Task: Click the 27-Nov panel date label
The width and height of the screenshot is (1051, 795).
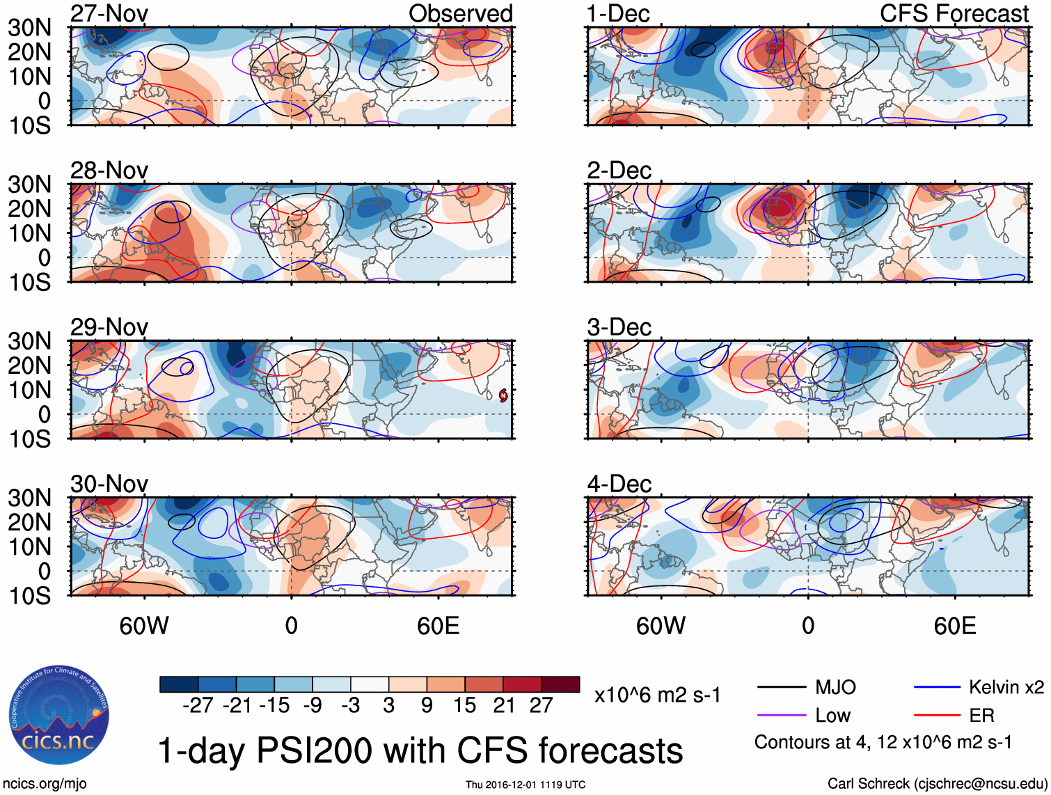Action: (109, 14)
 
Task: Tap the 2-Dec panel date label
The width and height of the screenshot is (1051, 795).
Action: (619, 171)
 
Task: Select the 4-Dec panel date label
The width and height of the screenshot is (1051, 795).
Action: (619, 484)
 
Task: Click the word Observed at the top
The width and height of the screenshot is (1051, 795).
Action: (460, 14)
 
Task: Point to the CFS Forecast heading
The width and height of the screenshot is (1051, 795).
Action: (954, 14)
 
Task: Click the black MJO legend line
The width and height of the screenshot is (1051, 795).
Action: (782, 688)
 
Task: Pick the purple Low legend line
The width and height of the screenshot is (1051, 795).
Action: (782, 716)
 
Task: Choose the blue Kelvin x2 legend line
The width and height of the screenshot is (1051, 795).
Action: (937, 688)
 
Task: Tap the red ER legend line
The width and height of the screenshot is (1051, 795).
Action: (937, 716)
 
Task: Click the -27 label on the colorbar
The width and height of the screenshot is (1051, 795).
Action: (198, 706)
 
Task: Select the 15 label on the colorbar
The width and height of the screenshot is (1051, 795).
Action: (464, 706)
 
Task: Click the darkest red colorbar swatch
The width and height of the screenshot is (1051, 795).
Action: (560, 684)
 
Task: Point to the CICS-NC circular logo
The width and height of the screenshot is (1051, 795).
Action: (59, 716)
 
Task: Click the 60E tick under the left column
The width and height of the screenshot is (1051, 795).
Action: (438, 626)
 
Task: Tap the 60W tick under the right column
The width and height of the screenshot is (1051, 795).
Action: (661, 626)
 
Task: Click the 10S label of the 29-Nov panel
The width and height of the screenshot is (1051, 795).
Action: (29, 439)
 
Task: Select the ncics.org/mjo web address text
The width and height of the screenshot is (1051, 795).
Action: (44, 784)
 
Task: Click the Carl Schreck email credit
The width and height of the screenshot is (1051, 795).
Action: (937, 784)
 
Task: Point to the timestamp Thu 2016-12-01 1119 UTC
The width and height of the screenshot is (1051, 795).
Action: (525, 785)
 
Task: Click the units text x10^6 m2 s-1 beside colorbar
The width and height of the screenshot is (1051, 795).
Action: (657, 695)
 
